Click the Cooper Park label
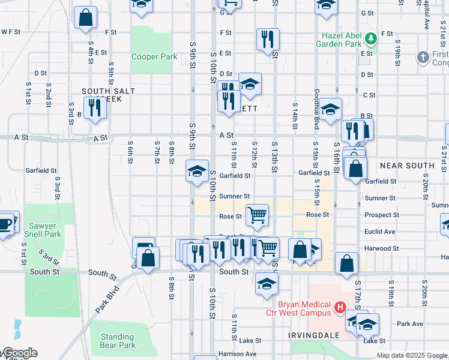154,56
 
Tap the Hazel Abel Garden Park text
340,40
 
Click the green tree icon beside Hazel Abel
372,38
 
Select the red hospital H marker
340,308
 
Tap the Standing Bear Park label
118,341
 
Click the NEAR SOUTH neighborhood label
407,165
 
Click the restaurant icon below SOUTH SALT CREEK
95,108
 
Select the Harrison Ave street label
238,354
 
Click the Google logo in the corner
19,353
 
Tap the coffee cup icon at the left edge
5,224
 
